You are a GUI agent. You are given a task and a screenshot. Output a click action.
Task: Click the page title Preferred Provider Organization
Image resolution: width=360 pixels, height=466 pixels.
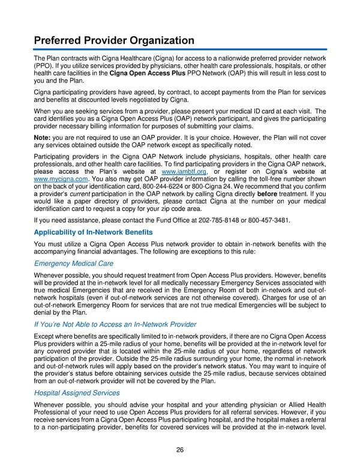point(114,40)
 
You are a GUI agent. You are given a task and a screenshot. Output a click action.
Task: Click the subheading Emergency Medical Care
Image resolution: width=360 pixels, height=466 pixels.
point(74,264)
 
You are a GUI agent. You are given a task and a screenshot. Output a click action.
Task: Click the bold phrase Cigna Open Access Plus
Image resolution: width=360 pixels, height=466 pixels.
point(147,73)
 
